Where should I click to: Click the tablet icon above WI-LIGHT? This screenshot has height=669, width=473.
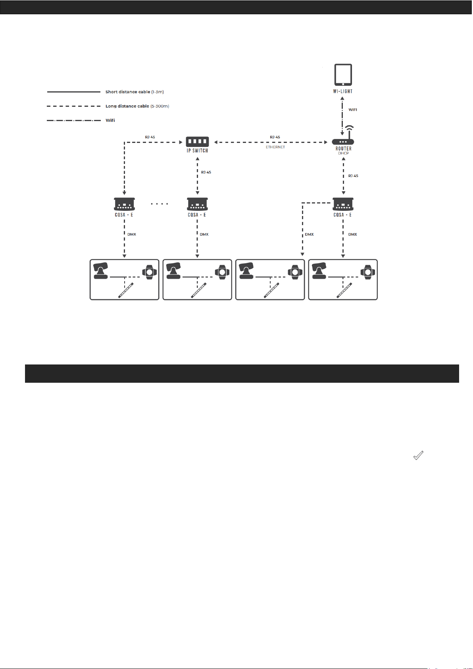pos(343,75)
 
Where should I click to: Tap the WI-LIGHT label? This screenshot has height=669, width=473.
pos(343,91)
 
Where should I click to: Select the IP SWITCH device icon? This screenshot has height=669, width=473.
pos(197,141)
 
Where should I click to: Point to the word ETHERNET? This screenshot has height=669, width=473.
pos(275,147)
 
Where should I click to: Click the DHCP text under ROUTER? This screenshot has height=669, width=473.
pos(343,153)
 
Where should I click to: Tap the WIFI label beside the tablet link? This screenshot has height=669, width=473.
pos(353,110)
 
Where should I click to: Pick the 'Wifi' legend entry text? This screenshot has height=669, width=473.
pos(110,120)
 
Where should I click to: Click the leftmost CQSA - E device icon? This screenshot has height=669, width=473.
pos(124,204)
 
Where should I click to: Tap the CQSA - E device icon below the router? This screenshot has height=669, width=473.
pos(343,204)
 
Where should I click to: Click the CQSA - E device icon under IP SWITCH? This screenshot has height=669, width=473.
pos(197,204)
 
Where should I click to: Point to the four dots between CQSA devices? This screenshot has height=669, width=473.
pos(160,204)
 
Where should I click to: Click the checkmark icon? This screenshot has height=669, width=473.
pos(418,456)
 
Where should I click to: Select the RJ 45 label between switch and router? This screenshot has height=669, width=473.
pos(275,137)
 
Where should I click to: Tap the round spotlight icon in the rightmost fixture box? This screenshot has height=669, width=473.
pos(368,272)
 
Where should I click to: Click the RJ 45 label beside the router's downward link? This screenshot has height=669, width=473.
pos(353,176)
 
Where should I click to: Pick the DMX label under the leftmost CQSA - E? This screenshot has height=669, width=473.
pos(132,235)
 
